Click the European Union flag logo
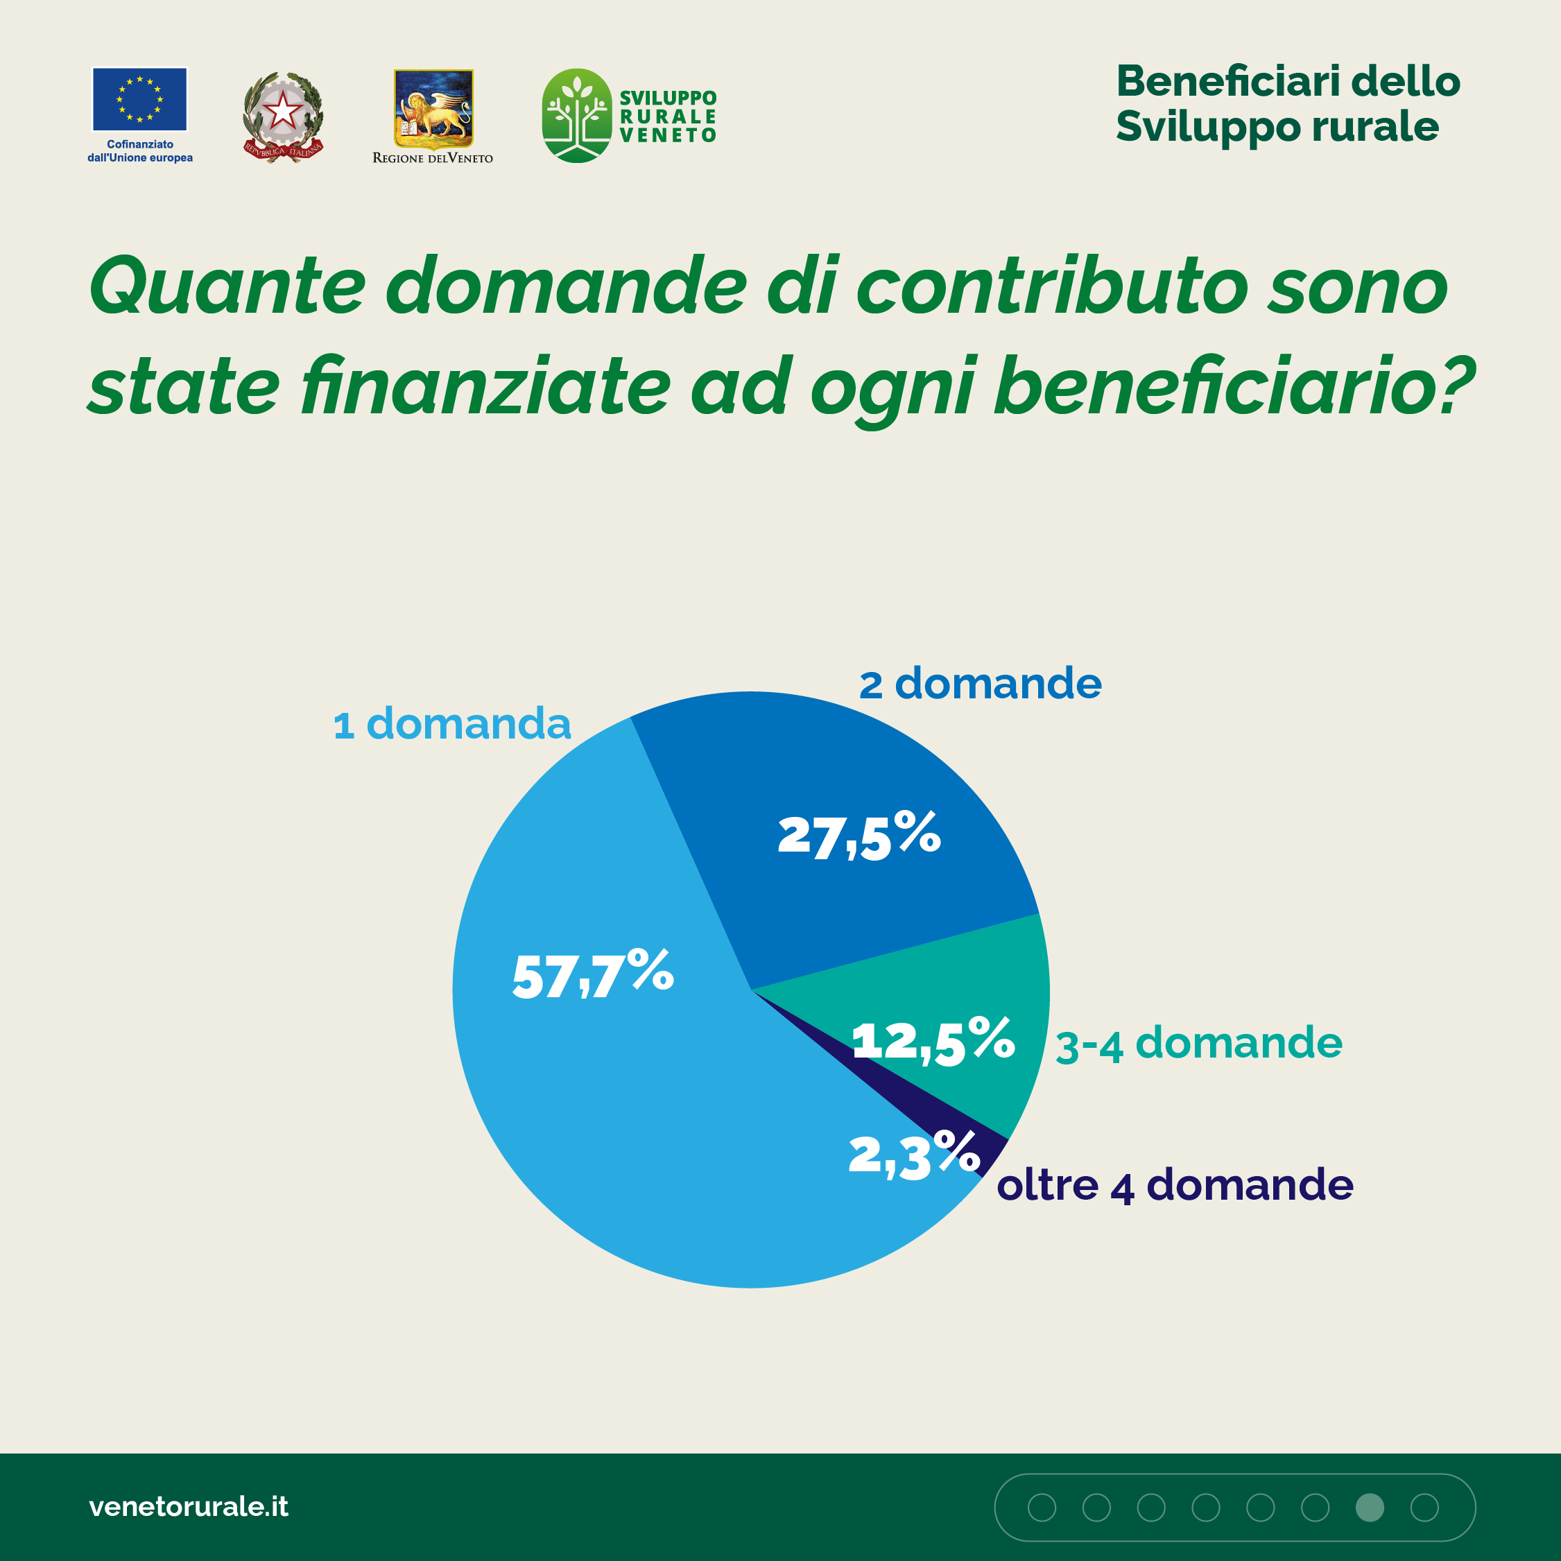click(x=140, y=99)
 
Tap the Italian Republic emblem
click(x=283, y=117)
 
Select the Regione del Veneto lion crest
click(x=433, y=108)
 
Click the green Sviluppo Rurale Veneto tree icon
click(x=576, y=116)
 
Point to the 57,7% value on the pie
click(x=592, y=974)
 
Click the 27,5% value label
click(x=859, y=836)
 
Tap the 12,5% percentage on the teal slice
click(x=933, y=1041)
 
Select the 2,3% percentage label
click(x=913, y=1155)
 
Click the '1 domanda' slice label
click(x=451, y=723)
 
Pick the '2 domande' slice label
click(x=980, y=684)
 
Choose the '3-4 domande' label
click(x=1199, y=1043)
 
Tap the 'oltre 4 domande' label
click(x=1175, y=1185)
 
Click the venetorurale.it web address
click(x=188, y=1506)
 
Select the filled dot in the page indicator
click(x=1370, y=1507)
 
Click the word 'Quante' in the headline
click(x=227, y=287)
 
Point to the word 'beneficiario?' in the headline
click(x=1234, y=387)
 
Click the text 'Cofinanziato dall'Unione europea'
click(x=140, y=151)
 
